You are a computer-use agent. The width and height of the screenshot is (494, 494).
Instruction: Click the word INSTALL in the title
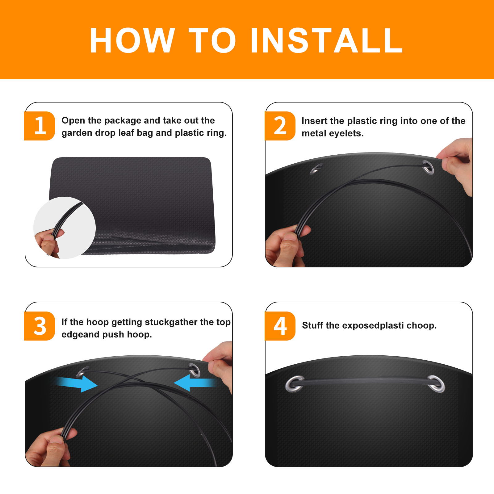[327, 40]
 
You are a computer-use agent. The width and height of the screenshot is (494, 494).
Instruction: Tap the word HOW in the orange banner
[132, 40]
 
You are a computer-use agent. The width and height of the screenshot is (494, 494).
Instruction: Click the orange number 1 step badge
[40, 126]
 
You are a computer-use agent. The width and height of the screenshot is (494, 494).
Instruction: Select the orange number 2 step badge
[280, 126]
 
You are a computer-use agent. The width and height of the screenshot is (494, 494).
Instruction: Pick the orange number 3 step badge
[40, 326]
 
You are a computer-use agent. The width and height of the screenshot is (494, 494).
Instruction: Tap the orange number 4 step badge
[280, 326]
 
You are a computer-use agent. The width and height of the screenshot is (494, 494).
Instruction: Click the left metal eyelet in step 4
[295, 384]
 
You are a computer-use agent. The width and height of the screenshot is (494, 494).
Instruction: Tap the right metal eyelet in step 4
[436, 384]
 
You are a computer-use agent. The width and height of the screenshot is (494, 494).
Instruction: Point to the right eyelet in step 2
[428, 167]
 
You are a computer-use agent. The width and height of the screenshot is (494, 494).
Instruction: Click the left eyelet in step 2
[316, 169]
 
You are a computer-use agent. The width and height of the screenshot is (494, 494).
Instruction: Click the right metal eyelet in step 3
[195, 370]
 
